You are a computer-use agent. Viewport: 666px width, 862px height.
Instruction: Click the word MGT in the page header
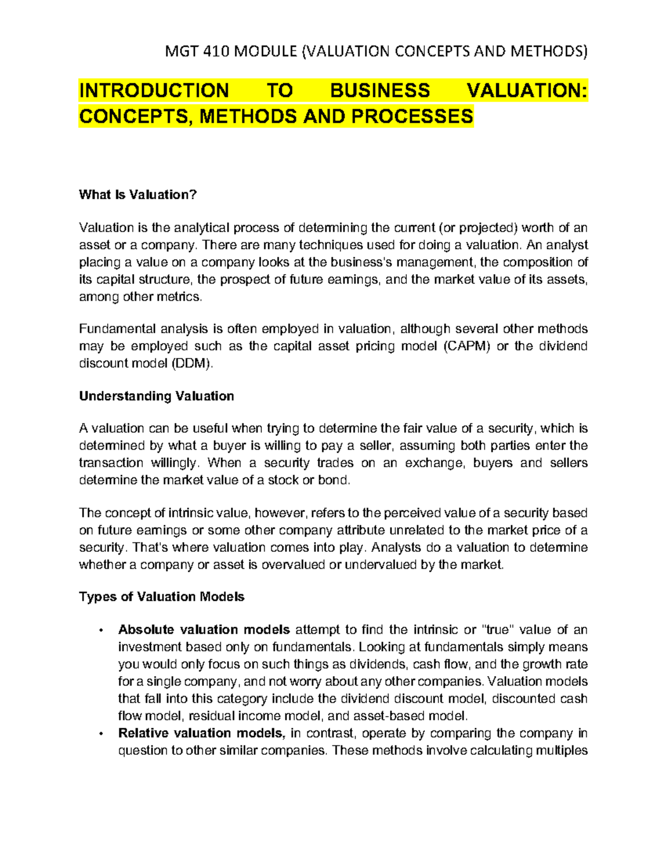[x=182, y=52]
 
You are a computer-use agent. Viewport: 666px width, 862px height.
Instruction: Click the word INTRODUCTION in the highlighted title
[x=154, y=90]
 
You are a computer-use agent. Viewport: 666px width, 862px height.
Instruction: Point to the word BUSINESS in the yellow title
[x=380, y=90]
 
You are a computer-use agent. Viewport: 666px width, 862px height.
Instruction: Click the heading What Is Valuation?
[x=138, y=194]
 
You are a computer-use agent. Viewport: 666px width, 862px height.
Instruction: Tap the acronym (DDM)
[x=192, y=364]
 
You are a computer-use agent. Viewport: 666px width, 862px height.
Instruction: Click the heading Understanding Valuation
[x=157, y=396]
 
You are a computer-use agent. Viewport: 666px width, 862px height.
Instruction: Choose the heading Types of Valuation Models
[x=162, y=597]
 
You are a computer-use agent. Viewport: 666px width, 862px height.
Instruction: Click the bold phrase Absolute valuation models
[x=204, y=629]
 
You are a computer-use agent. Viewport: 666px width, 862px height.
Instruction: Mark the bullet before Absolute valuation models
[x=100, y=630]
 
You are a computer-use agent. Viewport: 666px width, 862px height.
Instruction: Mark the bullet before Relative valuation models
[x=100, y=734]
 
